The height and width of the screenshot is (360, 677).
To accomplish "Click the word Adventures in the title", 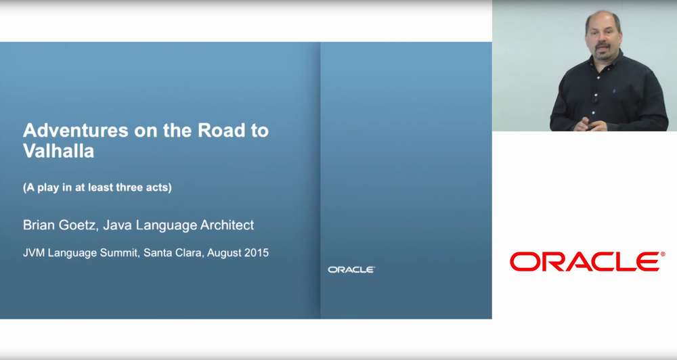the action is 76,131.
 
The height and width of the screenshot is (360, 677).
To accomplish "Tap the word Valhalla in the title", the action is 58,151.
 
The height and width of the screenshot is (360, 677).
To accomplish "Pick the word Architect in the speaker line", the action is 227,225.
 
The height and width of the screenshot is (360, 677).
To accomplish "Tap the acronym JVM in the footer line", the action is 34,252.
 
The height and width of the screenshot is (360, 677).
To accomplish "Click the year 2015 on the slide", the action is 257,252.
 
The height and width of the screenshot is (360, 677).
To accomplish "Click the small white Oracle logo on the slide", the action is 351,270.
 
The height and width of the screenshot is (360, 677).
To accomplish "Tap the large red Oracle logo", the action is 587,262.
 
